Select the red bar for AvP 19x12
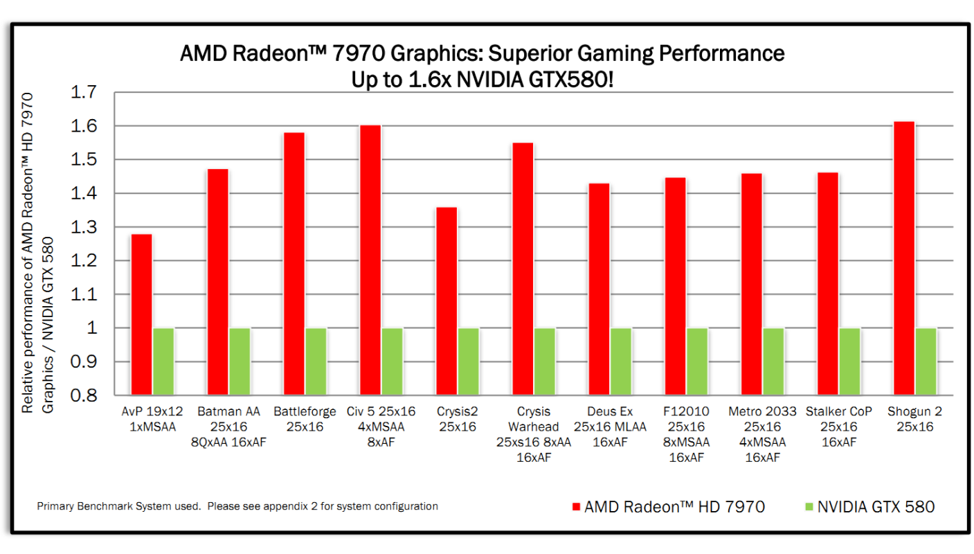click(141, 314)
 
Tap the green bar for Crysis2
click(468, 361)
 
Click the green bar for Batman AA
click(240, 361)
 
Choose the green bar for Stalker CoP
click(849, 361)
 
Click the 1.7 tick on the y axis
click(87, 92)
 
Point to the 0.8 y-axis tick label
click(87, 395)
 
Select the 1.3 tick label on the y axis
click(87, 227)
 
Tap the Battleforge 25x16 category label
click(305, 419)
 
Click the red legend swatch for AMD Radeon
click(575, 508)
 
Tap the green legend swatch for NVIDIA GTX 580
click(808, 508)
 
